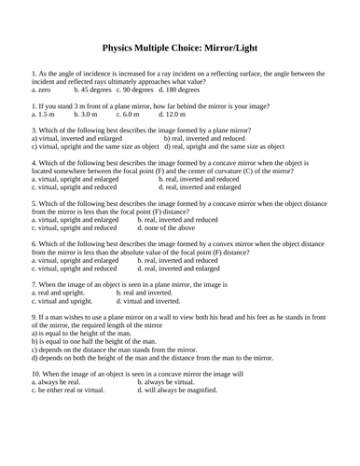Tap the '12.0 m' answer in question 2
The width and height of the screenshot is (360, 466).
click(x=170, y=114)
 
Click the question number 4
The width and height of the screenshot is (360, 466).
click(x=35, y=162)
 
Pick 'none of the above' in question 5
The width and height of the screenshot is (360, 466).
click(x=166, y=227)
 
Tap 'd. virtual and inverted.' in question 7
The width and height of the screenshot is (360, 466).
click(x=148, y=301)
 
